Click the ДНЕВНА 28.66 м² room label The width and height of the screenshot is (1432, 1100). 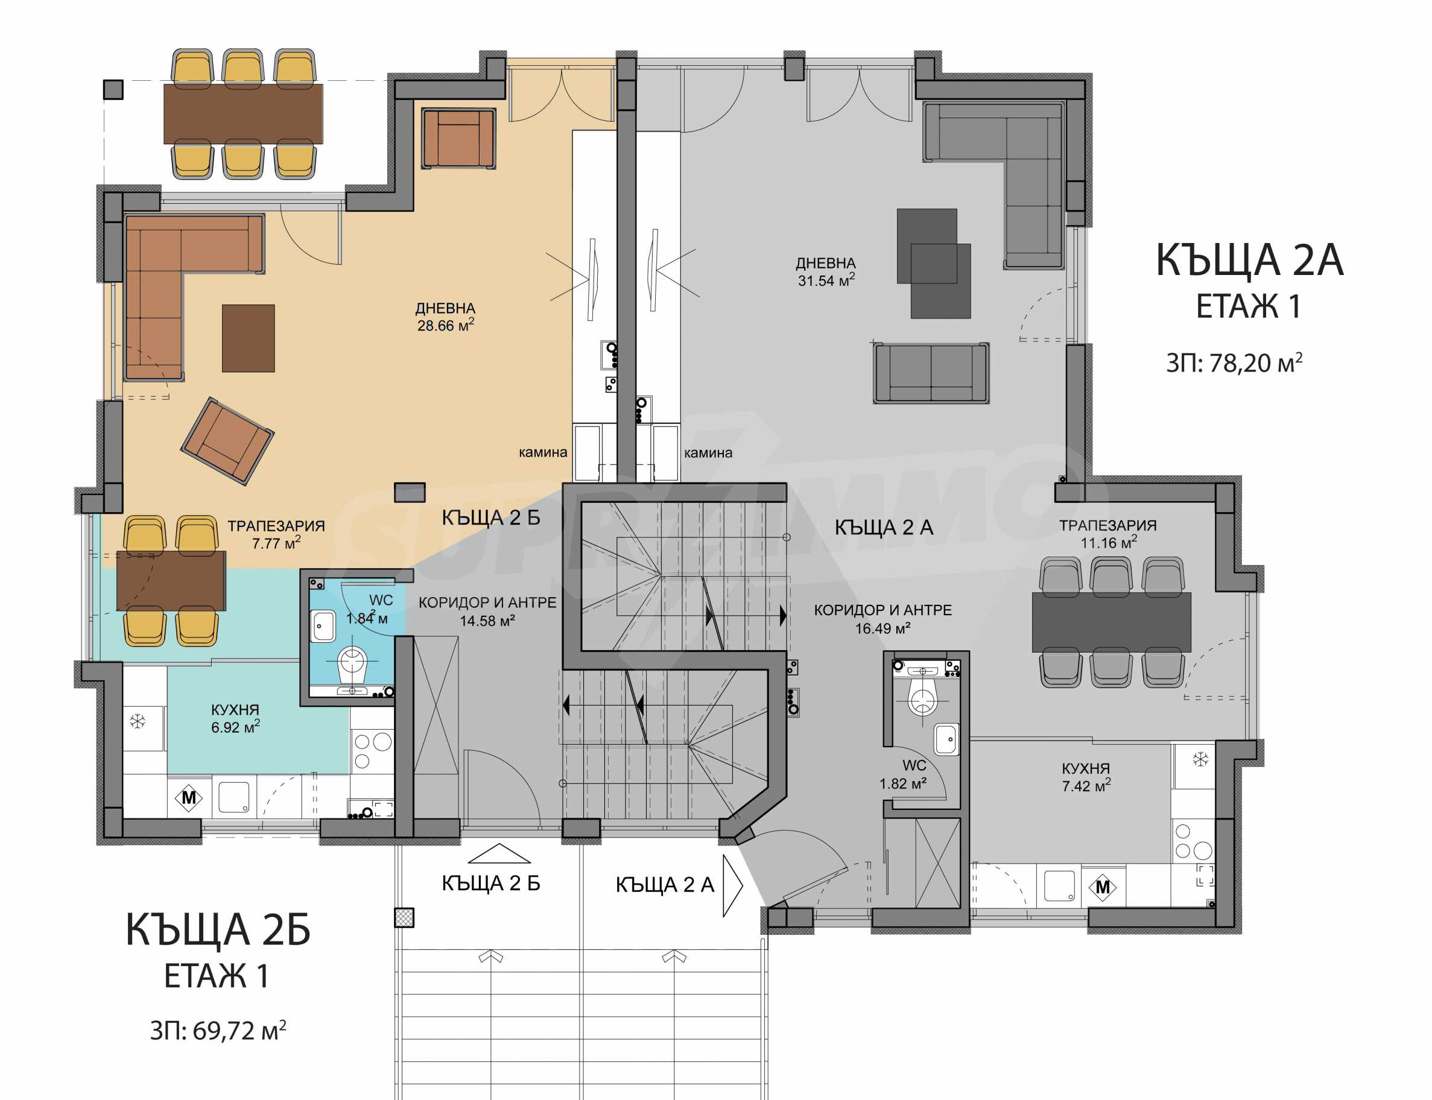(445, 317)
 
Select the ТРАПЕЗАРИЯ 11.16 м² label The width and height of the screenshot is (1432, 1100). (1108, 534)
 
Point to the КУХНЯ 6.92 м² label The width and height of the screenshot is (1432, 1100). (235, 718)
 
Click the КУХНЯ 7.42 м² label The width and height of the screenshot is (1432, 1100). (1086, 777)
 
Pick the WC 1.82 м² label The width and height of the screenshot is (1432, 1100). (903, 774)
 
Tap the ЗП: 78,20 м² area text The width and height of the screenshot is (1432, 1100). (1234, 362)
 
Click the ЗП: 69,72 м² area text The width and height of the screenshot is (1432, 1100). (218, 1031)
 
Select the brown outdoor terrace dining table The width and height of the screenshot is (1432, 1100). (243, 113)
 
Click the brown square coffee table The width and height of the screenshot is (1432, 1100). (248, 338)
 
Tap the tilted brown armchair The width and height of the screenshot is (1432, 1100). (227, 441)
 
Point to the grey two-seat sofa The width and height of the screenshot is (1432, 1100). (931, 373)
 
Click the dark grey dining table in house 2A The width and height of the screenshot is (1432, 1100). (1111, 622)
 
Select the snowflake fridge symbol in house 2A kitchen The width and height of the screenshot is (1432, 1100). (1200, 759)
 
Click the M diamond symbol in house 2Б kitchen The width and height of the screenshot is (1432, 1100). (189, 797)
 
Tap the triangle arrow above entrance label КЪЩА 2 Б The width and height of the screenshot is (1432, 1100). (499, 853)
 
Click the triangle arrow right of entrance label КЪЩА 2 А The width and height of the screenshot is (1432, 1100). (733, 885)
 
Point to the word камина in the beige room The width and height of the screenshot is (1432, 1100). (543, 452)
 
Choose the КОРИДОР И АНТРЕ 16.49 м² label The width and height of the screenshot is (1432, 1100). (882, 619)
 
